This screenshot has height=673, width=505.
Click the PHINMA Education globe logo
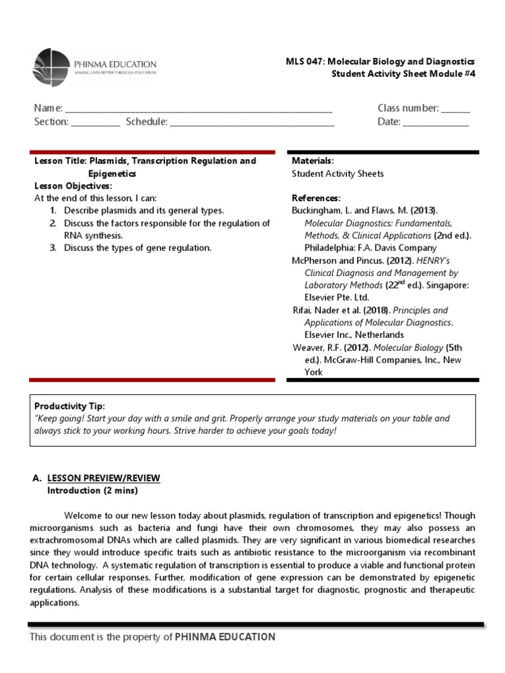[x=51, y=68]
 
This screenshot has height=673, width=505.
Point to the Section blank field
[x=95, y=123]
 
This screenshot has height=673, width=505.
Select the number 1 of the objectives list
[x=52, y=211]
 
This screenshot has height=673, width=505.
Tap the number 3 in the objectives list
[x=52, y=248]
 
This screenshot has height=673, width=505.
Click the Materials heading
[x=312, y=161]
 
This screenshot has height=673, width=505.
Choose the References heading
[x=316, y=198]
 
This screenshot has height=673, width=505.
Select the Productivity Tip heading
[x=69, y=406]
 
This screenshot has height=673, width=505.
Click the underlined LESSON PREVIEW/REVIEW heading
[x=103, y=478]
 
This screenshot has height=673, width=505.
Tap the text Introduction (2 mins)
[x=93, y=490]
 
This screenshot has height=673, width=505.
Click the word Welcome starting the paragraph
[x=82, y=515]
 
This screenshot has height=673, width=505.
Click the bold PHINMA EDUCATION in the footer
[x=225, y=637]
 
